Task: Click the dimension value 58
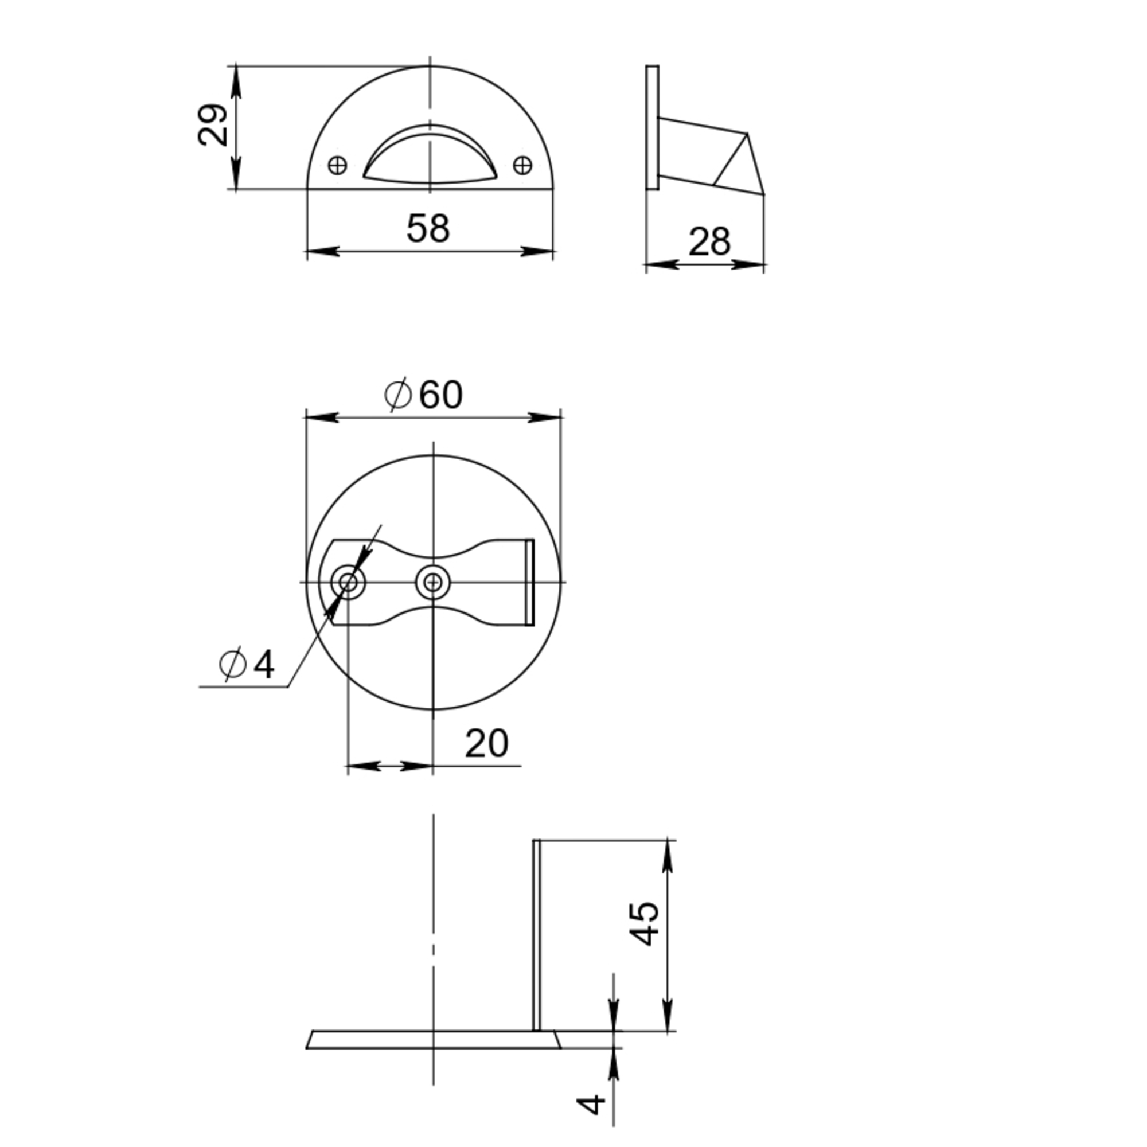[x=428, y=229]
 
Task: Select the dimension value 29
[x=213, y=124]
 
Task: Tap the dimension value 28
[x=709, y=242]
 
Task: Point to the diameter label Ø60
[x=423, y=394]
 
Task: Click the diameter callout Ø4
[x=247, y=664]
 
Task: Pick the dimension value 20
[x=486, y=743]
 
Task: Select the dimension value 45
[x=644, y=924]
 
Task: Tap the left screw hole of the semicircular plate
[x=337, y=165]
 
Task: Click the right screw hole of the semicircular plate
[x=522, y=165]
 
